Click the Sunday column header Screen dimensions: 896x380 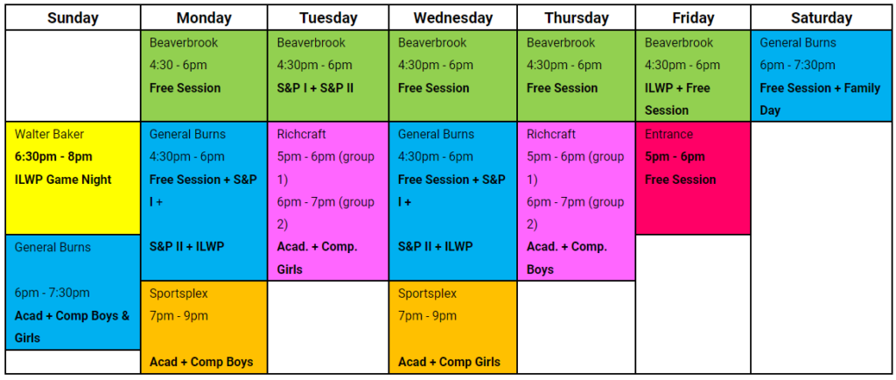point(73,18)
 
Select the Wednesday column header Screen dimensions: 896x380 point(452,18)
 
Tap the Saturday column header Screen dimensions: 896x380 point(821,18)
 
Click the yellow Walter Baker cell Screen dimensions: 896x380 point(73,178)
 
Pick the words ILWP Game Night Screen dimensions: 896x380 point(63,179)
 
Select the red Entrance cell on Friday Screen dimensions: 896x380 point(693,178)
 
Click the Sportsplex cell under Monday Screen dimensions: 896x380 point(204,327)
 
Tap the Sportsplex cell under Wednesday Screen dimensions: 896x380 point(452,327)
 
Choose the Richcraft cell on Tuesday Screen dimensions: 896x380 point(328,201)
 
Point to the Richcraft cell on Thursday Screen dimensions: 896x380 point(577,201)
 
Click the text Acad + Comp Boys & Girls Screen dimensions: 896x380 point(72,327)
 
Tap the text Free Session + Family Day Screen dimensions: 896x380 point(820,99)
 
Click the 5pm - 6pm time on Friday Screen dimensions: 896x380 point(675,157)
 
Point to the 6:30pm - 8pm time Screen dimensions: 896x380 point(53,157)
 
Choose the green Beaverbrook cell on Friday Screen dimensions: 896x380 point(693,75)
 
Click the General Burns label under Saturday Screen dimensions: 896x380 point(798,43)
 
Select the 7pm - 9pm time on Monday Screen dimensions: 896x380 point(178,316)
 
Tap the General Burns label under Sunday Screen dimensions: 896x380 point(52,248)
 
